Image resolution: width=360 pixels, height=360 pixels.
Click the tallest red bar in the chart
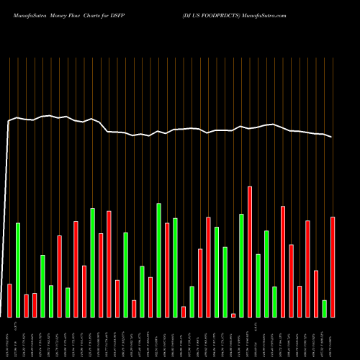[250, 251]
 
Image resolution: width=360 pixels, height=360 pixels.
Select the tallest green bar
[158, 260]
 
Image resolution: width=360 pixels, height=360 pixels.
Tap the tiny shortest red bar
[233, 315]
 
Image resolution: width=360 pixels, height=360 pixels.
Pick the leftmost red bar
[9, 300]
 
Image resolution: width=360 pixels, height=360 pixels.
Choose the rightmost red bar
[333, 266]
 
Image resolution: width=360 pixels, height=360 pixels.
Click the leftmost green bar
[18, 270]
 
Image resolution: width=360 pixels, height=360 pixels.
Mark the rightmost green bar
[325, 308]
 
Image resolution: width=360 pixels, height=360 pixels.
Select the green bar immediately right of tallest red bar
[258, 285]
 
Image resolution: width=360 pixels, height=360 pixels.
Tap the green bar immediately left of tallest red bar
[241, 265]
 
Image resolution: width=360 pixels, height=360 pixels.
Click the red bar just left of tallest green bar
[150, 297]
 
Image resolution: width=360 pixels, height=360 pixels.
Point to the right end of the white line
[332, 137]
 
